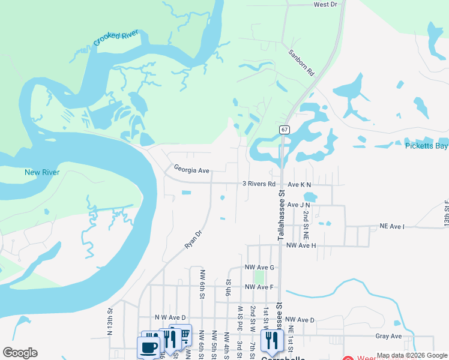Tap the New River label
coord(42,172)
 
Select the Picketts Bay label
coord(427,146)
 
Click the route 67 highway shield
coord(285,130)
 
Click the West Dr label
coord(325,4)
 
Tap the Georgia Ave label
coord(191,170)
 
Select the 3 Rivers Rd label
coord(259,184)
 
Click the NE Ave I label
coord(393,226)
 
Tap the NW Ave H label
coord(301,245)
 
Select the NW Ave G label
coord(259,267)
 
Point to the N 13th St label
coord(110,321)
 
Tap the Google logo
coord(20,353)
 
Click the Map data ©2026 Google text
coord(412,355)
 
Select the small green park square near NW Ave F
coord(259,277)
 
